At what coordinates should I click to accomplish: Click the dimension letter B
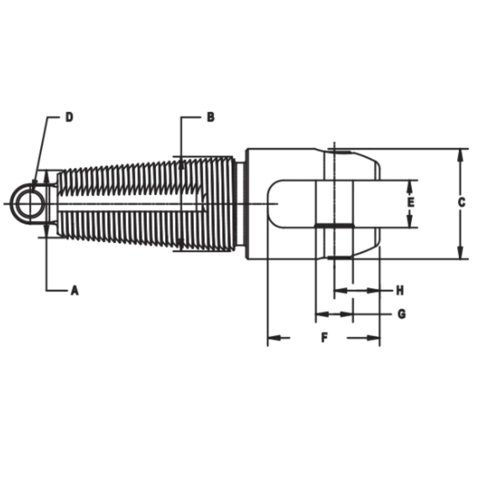point(211,117)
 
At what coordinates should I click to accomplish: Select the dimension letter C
point(461,203)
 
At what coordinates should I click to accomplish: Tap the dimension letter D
point(69,117)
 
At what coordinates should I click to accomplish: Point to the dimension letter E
point(411,203)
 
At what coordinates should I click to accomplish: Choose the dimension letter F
point(324,338)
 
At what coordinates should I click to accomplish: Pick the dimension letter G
point(401,314)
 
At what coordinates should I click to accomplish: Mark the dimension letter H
point(400,291)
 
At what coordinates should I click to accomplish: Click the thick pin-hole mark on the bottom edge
point(340,258)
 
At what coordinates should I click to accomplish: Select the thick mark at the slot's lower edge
point(334,226)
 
